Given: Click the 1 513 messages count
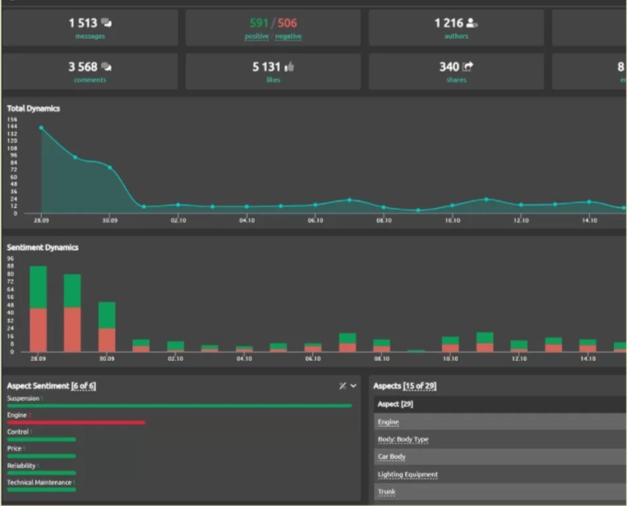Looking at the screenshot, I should pyautogui.click(x=84, y=23).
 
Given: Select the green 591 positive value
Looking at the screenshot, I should pyautogui.click(x=260, y=23).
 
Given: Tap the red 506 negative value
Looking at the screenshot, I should pyautogui.click(x=288, y=23).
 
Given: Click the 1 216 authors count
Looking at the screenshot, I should pyautogui.click(x=450, y=23).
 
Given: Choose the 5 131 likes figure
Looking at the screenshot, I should pyautogui.click(x=267, y=67).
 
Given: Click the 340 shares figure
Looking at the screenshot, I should pyautogui.click(x=451, y=67).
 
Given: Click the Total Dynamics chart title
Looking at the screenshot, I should pyautogui.click(x=34, y=108).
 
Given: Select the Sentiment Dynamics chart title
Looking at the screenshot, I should pyautogui.click(x=43, y=247).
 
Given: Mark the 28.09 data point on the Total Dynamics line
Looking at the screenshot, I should pyautogui.click(x=41, y=128).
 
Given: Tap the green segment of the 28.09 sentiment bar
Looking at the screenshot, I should pyautogui.click(x=38, y=287).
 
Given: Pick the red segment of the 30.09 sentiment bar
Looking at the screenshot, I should pyautogui.click(x=107, y=340).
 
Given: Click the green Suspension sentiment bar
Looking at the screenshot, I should pyautogui.click(x=179, y=406).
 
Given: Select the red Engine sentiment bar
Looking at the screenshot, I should pyautogui.click(x=76, y=423).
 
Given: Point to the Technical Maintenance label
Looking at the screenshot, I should pyautogui.click(x=39, y=482).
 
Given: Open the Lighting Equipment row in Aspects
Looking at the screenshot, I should pyautogui.click(x=408, y=475).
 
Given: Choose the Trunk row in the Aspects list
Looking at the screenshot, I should pyautogui.click(x=386, y=492).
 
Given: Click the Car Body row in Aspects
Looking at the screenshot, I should pyautogui.click(x=392, y=457).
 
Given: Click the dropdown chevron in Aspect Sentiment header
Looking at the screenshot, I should pyautogui.click(x=353, y=386).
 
